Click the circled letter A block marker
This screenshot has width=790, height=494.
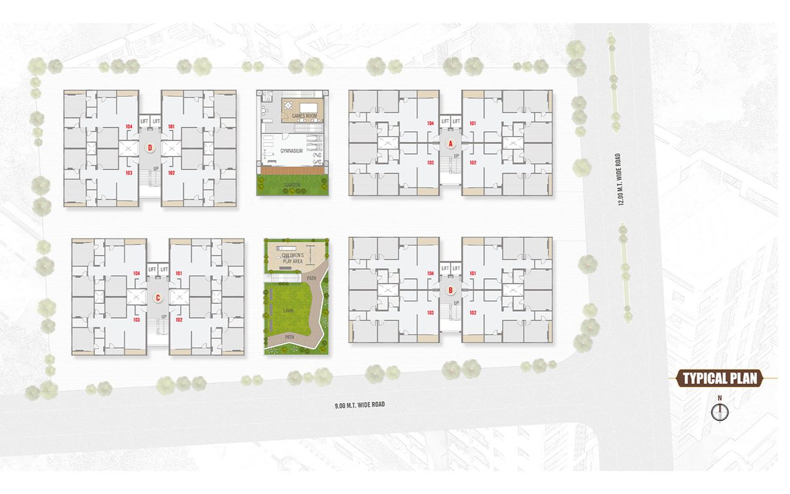tap(451, 143)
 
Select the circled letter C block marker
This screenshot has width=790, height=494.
tap(158, 298)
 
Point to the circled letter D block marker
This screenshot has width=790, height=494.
tap(150, 148)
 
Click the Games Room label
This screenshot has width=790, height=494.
tap(303, 116)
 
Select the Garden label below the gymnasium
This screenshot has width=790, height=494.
tap(292, 185)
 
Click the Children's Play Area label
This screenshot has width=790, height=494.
tap(292, 257)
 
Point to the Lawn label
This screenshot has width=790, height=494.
tap(288, 311)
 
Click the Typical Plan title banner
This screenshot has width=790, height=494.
tap(720, 379)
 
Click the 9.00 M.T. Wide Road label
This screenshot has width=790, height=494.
tap(359, 405)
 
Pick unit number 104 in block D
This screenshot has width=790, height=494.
tap(129, 127)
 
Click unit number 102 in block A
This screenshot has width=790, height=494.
tap(473, 162)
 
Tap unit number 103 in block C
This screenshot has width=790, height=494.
tap(136, 320)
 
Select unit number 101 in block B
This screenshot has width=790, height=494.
tap(473, 273)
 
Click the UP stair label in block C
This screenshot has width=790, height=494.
tap(164, 317)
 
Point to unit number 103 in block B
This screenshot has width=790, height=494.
tap(430, 313)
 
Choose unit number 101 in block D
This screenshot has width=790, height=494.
tap(171, 127)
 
